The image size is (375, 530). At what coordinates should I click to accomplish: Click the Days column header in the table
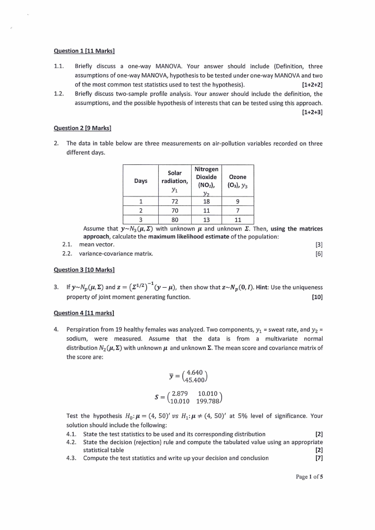140,181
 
